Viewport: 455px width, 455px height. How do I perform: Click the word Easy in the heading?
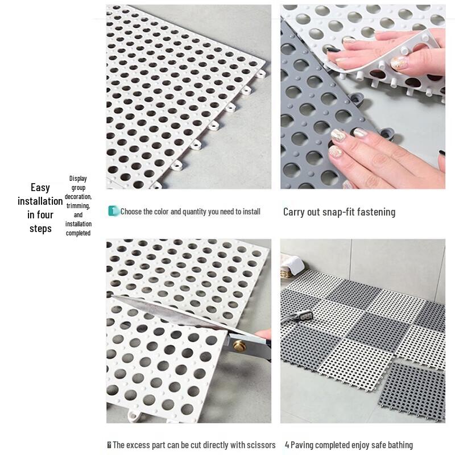(x=40, y=187)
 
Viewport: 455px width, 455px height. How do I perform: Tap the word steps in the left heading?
(x=40, y=229)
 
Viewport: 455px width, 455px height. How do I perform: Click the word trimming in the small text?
(x=78, y=206)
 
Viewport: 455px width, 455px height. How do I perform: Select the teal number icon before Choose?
(x=113, y=211)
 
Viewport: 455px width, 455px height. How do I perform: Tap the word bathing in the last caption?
(x=398, y=445)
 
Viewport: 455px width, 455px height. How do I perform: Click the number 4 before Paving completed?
(x=287, y=445)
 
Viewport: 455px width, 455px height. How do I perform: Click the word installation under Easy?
(x=40, y=201)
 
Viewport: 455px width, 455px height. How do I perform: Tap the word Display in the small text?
(x=78, y=179)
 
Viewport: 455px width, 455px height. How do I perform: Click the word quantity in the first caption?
(x=193, y=212)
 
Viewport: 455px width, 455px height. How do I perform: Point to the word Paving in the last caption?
(x=303, y=445)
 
